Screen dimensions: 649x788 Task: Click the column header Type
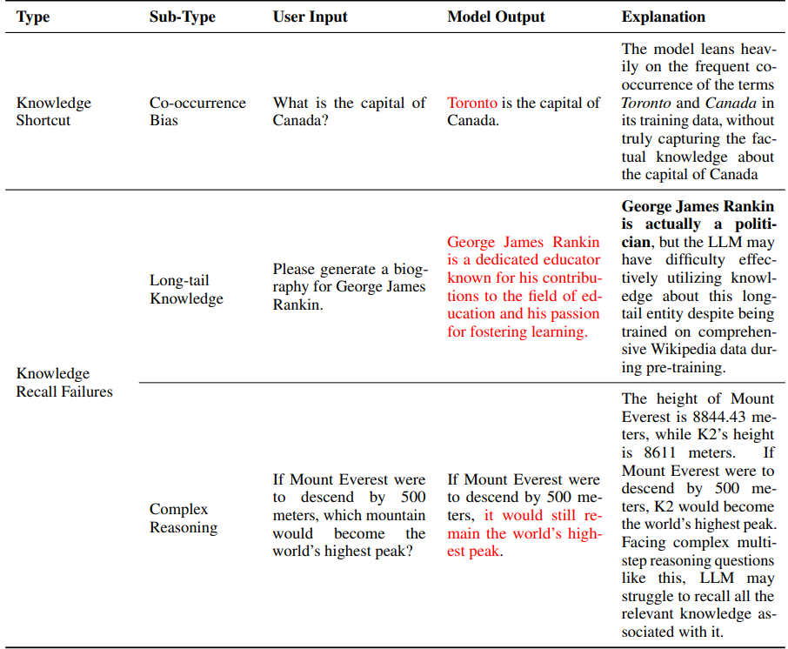[x=33, y=17]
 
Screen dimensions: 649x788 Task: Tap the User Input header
[x=311, y=17]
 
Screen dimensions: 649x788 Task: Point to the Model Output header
[x=496, y=17]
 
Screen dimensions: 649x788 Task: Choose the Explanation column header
[x=663, y=17]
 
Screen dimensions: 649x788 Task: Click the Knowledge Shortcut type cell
[x=53, y=111]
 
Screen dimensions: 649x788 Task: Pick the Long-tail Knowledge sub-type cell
[x=186, y=290]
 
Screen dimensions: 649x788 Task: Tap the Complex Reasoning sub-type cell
[x=184, y=519]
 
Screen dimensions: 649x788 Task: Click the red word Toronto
[x=472, y=103]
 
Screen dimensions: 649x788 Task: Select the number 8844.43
[x=701, y=417]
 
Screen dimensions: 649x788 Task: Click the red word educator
[x=571, y=259]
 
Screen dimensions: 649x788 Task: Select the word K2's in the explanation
[x=711, y=434]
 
